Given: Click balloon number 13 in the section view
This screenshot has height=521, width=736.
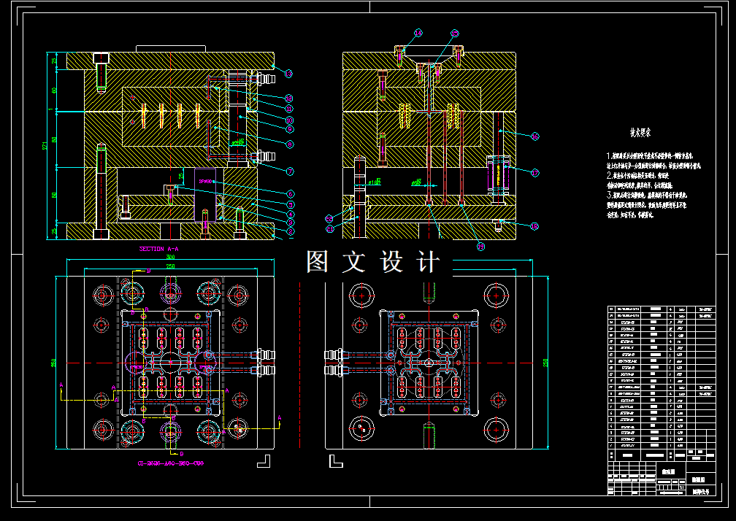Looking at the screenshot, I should [x=288, y=74].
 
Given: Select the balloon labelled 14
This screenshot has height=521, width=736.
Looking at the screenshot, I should [x=418, y=33].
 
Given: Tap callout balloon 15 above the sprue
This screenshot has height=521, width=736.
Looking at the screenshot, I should [x=455, y=34].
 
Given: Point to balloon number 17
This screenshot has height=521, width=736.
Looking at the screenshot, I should [x=534, y=173].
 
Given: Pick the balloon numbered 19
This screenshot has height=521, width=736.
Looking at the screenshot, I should [x=480, y=247].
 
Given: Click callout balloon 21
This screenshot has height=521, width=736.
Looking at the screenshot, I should [x=329, y=229].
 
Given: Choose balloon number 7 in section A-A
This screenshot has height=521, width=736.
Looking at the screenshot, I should [x=289, y=171].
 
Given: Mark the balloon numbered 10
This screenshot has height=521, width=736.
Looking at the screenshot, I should [x=289, y=120].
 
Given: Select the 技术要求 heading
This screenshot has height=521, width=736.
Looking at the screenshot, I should [x=640, y=134].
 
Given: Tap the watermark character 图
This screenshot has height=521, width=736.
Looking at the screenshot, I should [x=318, y=262].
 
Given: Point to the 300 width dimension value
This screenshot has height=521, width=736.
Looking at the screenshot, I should [x=171, y=258].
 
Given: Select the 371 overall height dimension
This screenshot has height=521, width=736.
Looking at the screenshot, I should [x=46, y=146].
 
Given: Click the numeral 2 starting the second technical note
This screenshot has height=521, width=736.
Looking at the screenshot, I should [x=610, y=176].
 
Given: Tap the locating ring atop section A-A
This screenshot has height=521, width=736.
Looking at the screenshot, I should [x=171, y=48].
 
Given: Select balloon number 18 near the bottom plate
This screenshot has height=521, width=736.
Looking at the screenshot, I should [x=534, y=226].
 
